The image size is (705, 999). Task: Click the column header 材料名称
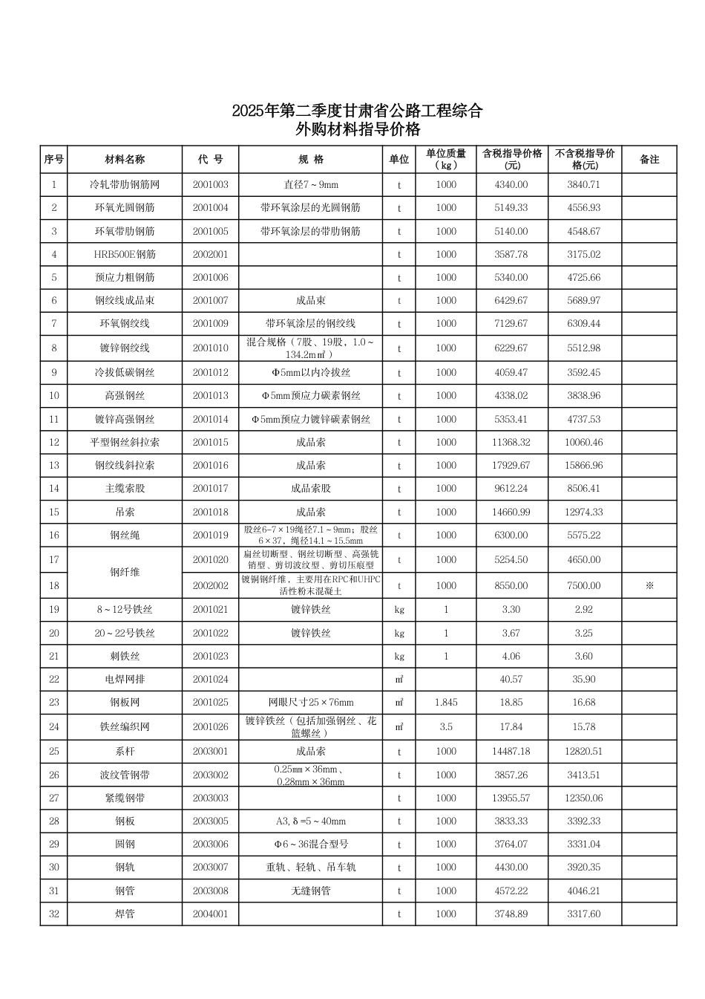click(x=125, y=160)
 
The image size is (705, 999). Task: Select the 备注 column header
click(x=649, y=160)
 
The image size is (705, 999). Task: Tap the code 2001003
click(x=211, y=184)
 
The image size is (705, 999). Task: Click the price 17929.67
click(x=512, y=466)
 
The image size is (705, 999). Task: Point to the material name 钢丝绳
click(x=125, y=536)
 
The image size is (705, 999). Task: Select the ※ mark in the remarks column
click(x=649, y=586)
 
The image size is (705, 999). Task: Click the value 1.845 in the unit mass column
click(x=446, y=703)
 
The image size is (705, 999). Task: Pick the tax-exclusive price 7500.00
click(x=584, y=586)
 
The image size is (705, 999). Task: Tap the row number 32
click(x=54, y=914)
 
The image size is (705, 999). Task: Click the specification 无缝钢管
click(x=310, y=891)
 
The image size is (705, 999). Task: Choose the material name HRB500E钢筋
click(x=125, y=255)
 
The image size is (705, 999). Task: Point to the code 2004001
click(x=211, y=914)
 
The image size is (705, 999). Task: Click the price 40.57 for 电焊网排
click(x=511, y=680)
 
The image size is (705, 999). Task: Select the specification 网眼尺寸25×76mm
click(x=310, y=703)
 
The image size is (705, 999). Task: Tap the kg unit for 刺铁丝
click(x=399, y=657)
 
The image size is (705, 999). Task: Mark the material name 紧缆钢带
click(x=125, y=798)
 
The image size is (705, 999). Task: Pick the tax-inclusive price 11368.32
click(x=512, y=443)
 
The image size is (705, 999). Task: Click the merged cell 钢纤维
click(x=125, y=573)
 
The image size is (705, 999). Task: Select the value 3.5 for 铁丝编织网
click(x=446, y=727)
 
